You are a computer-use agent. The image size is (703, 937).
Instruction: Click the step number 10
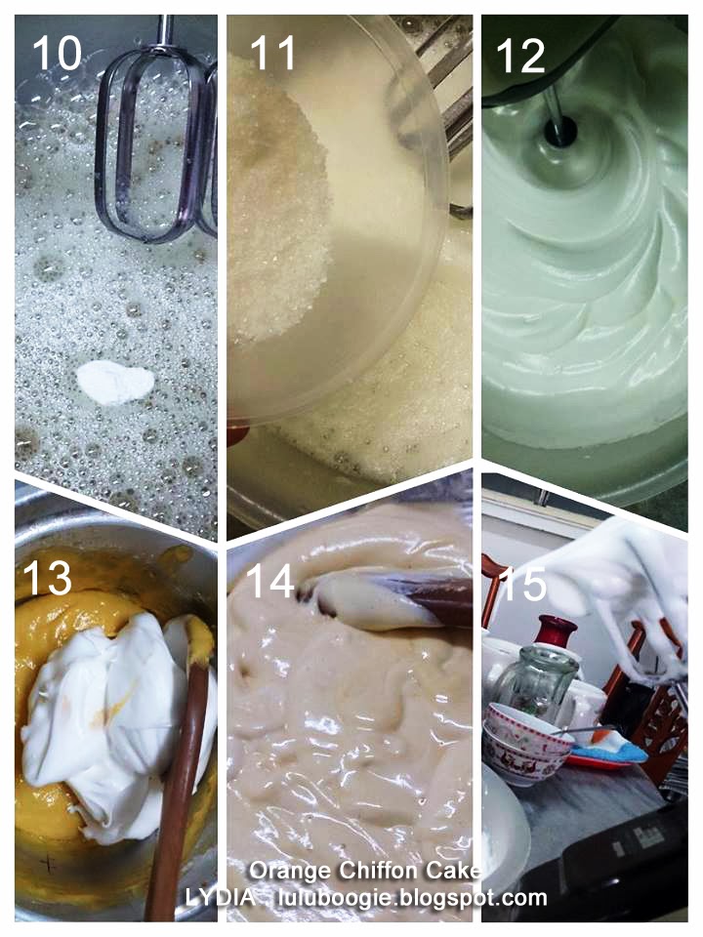tap(57, 53)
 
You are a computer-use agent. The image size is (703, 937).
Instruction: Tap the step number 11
tap(273, 53)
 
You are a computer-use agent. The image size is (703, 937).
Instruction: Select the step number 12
tap(520, 57)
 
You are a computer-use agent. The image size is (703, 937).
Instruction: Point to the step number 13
tap(47, 578)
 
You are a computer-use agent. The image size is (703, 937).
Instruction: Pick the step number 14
tap(269, 581)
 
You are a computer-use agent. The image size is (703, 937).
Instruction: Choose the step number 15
tap(523, 584)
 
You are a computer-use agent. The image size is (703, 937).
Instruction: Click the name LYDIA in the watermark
tap(218, 898)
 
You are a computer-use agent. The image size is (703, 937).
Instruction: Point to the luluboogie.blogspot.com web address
tap(412, 898)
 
